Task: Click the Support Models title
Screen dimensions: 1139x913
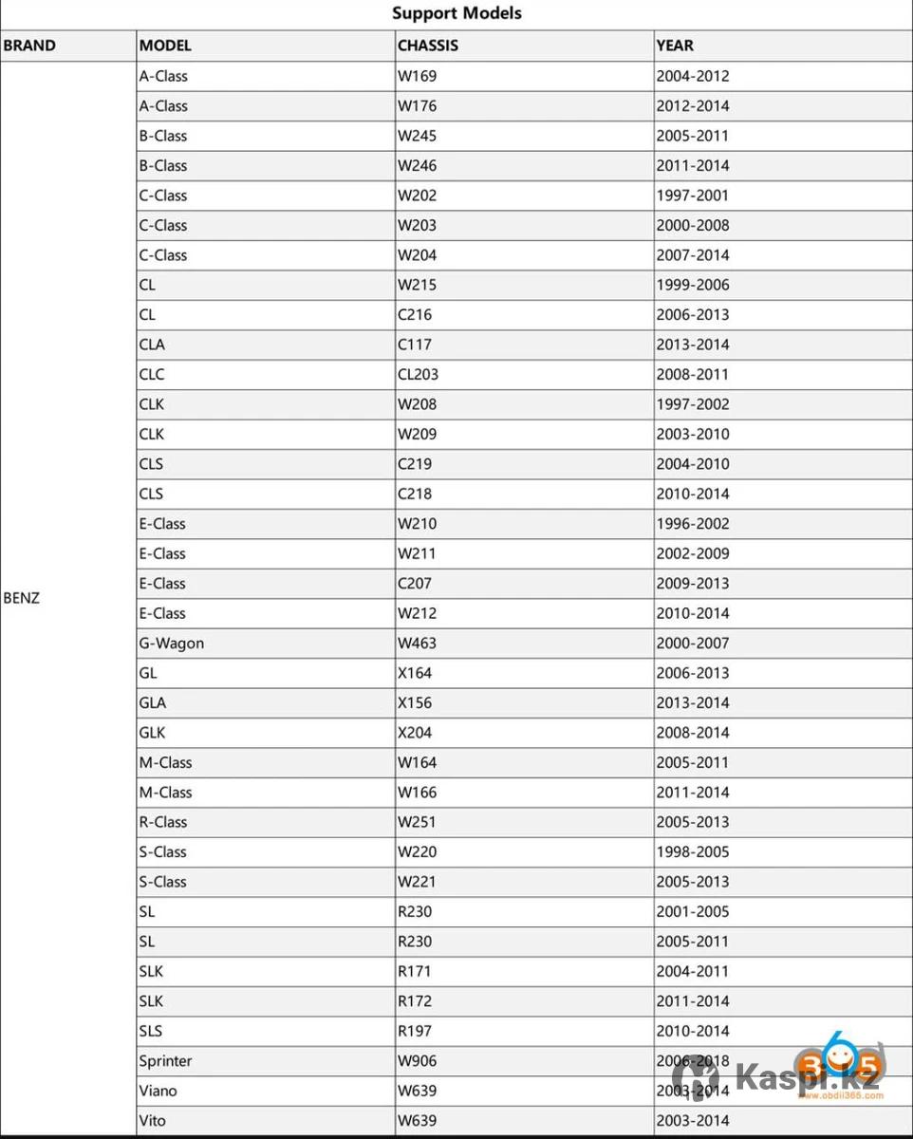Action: click(456, 13)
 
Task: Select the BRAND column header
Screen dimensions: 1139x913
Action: click(29, 46)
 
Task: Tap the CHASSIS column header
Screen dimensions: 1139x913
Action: click(428, 46)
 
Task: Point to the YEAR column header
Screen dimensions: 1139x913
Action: click(675, 46)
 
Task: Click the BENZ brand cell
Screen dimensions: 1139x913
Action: click(22, 598)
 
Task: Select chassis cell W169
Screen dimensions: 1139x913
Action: click(418, 76)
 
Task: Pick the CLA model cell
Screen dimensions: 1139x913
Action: click(152, 345)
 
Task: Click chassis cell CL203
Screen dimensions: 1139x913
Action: click(419, 374)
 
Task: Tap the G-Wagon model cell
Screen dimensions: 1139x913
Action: click(172, 643)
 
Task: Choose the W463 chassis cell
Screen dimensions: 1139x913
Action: click(418, 643)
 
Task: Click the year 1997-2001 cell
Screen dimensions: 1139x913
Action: click(693, 196)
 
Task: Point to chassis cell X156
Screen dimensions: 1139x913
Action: click(417, 702)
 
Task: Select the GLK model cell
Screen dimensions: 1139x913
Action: click(152, 733)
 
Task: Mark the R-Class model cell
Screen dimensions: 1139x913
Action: click(163, 822)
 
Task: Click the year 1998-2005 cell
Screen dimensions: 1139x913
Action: click(693, 851)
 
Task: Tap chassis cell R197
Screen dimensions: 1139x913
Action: click(417, 1031)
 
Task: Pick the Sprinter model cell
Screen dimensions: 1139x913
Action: click(166, 1060)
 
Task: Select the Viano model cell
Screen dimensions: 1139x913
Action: click(158, 1091)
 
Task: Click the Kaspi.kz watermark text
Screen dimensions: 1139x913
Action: click(809, 1076)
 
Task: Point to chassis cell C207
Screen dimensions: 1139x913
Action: click(415, 583)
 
